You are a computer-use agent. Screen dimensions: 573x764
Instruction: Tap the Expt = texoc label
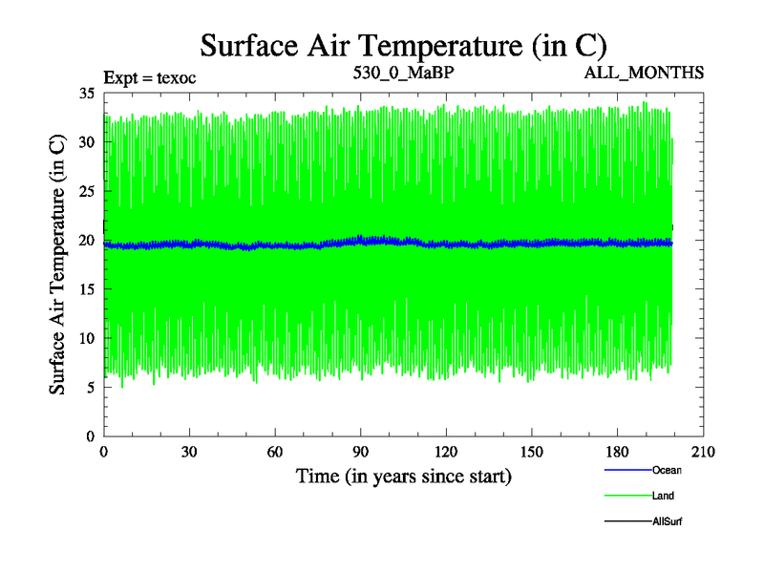149,77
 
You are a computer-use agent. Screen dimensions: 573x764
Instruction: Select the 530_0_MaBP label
403,73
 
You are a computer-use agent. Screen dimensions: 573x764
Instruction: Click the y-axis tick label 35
86,94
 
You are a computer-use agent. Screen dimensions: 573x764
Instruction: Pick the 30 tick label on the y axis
86,142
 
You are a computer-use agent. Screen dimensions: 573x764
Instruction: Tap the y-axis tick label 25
86,191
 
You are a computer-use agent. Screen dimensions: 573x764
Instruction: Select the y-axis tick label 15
86,289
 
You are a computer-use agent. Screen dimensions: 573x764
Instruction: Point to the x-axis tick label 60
275,452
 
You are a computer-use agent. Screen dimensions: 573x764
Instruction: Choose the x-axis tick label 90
361,452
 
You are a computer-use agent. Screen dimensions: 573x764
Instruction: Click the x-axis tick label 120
447,452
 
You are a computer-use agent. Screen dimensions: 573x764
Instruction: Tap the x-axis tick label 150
533,452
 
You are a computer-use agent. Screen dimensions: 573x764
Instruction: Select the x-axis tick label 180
619,452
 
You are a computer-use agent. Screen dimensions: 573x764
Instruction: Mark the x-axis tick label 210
704,452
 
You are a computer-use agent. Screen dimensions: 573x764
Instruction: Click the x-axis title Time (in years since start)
403,475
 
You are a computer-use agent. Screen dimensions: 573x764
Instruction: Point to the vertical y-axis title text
57,265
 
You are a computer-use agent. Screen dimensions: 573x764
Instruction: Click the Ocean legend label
667,470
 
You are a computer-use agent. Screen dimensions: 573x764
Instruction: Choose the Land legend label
664,496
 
